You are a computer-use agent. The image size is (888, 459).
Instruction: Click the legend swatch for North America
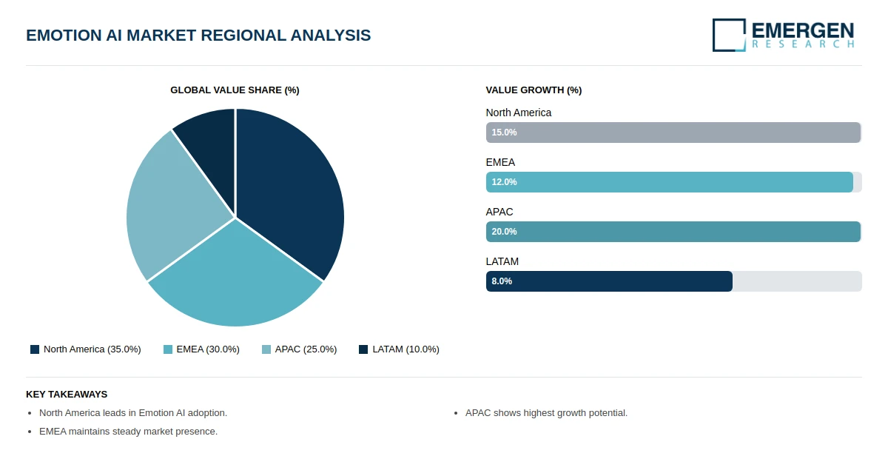coord(35,349)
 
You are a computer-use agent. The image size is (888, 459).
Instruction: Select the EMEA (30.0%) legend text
coord(208,349)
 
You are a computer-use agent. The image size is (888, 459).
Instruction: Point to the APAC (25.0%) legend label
coord(306,349)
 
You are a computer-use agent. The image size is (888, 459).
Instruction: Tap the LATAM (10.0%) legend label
coord(406,349)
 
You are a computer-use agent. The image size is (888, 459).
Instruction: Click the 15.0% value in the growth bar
coord(504,133)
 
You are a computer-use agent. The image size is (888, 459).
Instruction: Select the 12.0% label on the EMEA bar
coord(504,182)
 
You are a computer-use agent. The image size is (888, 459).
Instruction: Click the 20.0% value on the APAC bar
coord(504,232)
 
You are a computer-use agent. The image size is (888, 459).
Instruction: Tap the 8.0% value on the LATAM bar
coord(502,281)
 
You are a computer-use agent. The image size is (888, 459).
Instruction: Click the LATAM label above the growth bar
coord(502,262)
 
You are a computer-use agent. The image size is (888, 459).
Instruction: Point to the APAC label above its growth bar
coord(499,212)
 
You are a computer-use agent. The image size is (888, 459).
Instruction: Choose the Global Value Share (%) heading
coord(235,90)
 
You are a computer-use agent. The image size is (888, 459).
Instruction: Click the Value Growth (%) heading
coord(534,90)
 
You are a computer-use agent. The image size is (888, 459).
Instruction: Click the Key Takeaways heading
coord(67,395)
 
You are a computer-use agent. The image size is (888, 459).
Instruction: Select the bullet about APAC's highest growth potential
coord(546,413)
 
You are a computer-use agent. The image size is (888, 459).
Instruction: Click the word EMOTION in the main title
coord(64,36)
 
